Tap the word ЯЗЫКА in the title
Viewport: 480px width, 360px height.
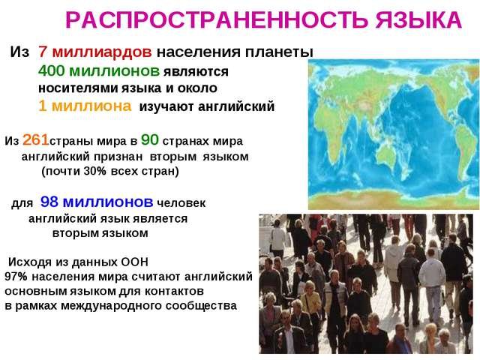(x=418, y=21)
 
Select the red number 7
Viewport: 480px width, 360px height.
(x=43, y=52)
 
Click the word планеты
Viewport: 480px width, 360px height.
(x=282, y=52)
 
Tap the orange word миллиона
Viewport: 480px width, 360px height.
(x=94, y=106)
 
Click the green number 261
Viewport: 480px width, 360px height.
(x=37, y=140)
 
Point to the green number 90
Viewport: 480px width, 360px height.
(x=149, y=140)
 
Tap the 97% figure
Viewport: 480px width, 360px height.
(x=16, y=277)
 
